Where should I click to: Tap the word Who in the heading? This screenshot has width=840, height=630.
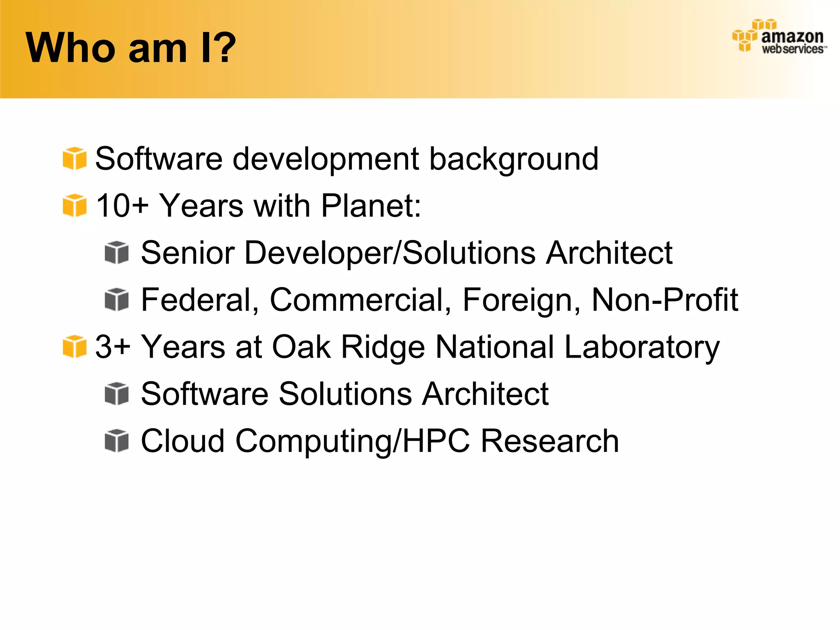click(70, 48)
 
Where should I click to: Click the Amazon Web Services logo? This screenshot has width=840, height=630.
click(780, 37)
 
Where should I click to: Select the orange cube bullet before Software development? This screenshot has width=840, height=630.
click(75, 158)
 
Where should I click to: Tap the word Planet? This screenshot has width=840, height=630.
click(370, 205)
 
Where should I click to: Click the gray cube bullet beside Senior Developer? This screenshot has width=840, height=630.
click(117, 253)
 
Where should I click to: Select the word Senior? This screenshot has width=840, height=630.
click(187, 253)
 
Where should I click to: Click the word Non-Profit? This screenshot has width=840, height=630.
click(664, 300)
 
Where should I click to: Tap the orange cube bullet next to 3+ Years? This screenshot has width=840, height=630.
click(75, 347)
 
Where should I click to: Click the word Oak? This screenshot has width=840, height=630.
click(301, 347)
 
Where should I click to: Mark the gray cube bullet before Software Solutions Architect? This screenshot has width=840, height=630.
click(117, 394)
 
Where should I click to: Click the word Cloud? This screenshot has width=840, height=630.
click(183, 441)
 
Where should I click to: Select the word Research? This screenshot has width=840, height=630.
click(550, 441)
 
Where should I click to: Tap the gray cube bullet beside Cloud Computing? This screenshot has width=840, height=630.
click(117, 441)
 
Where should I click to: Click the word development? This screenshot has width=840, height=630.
click(326, 159)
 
